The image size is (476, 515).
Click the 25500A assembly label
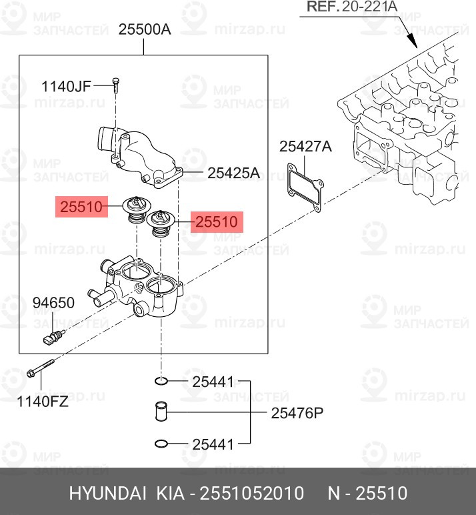[145, 29]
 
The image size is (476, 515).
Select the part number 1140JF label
[66, 85]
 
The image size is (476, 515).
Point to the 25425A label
[233, 173]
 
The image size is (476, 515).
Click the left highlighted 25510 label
[81, 207]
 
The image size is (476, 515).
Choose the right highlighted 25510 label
[217, 221]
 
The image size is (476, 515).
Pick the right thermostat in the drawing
[161, 223]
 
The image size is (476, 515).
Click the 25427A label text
[305, 147]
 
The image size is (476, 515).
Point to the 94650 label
[53, 304]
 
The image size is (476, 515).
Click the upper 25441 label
[213, 382]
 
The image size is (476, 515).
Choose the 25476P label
[297, 413]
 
